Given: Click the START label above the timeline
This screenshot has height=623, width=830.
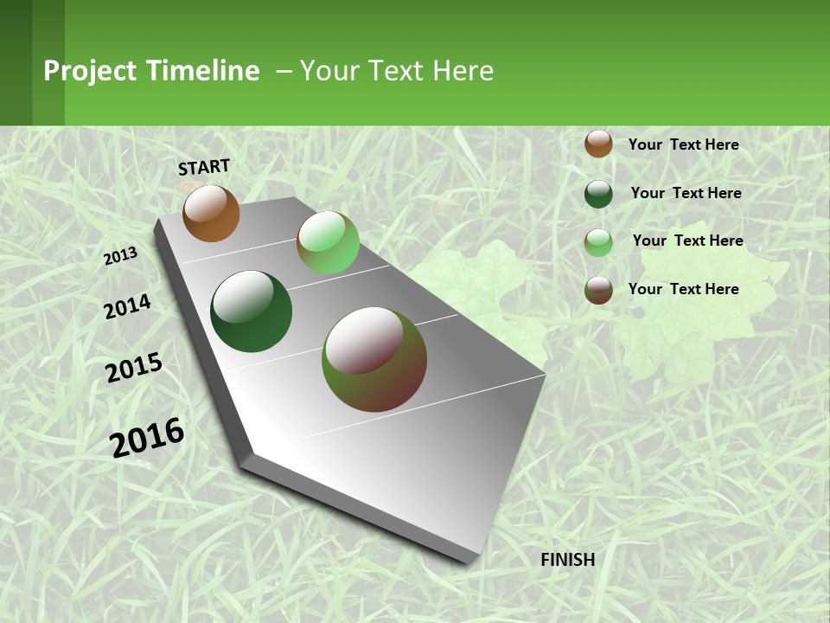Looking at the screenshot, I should pos(204,167).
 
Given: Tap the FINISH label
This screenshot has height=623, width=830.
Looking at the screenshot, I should pos(567,560).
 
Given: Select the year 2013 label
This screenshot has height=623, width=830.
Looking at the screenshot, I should pos(121,256).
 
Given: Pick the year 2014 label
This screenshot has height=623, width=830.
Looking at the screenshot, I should pos(127,306).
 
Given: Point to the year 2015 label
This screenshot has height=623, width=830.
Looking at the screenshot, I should pos(134,367).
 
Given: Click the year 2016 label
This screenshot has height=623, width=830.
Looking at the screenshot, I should pos(147,437).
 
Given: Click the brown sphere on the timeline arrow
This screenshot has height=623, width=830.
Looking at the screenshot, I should pos(211,213).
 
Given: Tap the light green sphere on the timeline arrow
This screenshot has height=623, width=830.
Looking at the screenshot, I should pos(328,242).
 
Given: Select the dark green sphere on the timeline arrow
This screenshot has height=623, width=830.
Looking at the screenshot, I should pos(252,311).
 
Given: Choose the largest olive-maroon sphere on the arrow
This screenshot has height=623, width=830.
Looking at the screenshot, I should pos(374,359).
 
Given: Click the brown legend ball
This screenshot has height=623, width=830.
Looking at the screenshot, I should pos(598,144).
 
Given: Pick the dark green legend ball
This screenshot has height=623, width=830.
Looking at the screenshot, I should pos(598,194).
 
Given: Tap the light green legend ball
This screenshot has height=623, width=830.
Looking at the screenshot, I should pos(598,242).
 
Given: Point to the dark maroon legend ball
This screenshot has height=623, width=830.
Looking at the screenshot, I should pos(598,290).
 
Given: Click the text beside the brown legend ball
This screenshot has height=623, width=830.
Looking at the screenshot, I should pos(683,145).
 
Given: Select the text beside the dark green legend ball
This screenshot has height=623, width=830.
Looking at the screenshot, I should pos(686,193).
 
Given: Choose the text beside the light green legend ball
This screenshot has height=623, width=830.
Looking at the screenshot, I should pos(687,241).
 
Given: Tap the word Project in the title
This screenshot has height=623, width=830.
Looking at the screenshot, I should pos(91,71).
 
